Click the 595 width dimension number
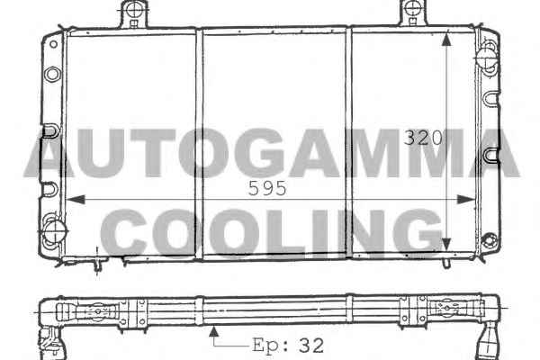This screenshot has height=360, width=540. (x=267, y=188)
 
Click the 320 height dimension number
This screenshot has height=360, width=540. (x=423, y=138)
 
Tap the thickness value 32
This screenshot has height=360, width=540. (x=311, y=346)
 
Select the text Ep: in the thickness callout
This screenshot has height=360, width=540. (x=271, y=346)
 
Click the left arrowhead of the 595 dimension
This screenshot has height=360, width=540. (x=76, y=199)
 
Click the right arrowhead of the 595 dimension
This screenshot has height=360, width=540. (x=465, y=199)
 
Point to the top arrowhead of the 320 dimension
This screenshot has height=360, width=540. (x=446, y=40)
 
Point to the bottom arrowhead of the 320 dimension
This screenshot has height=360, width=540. (x=446, y=244)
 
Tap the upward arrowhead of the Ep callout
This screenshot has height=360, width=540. (x=214, y=331)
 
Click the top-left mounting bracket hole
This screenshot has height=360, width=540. (x=134, y=9)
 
